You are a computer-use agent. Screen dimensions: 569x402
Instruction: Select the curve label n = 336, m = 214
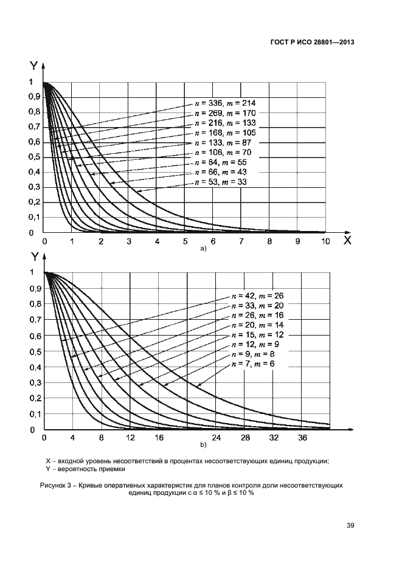(x=224, y=104)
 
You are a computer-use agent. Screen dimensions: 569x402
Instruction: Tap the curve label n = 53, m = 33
(x=222, y=182)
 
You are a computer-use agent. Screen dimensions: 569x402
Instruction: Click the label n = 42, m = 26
(x=258, y=296)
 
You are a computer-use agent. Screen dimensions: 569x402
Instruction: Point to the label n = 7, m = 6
(x=254, y=364)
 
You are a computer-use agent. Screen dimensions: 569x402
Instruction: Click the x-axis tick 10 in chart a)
(x=325, y=242)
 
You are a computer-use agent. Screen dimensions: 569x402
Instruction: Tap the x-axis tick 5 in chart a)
(x=185, y=242)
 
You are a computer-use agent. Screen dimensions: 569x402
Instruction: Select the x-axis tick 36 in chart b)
(x=302, y=438)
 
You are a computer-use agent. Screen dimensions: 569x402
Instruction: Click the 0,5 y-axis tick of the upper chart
(x=35, y=157)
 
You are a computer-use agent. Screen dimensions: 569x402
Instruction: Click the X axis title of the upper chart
(x=347, y=240)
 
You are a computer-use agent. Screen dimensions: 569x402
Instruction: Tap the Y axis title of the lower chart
(x=35, y=258)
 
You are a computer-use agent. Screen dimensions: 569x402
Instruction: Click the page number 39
(x=350, y=526)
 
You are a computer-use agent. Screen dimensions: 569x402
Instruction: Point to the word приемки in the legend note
(x=113, y=469)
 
